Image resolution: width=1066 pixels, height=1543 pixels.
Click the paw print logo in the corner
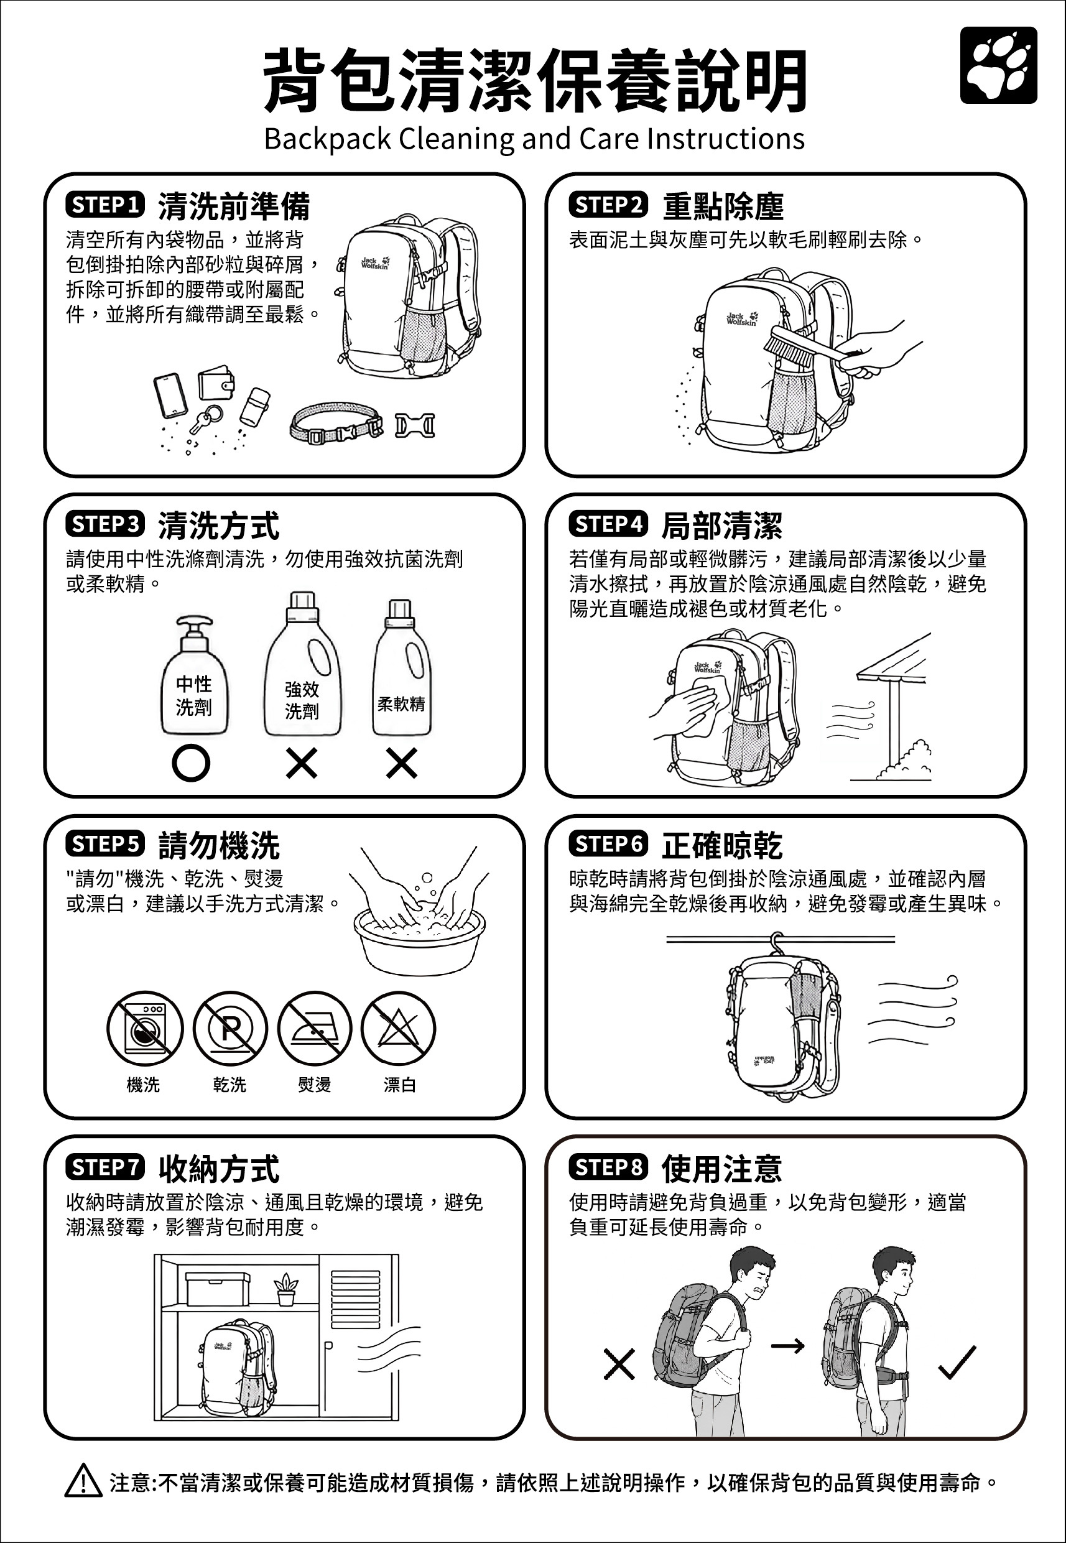(x=999, y=65)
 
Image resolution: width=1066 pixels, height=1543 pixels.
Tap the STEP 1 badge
(x=105, y=205)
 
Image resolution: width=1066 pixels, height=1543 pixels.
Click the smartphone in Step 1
(x=170, y=396)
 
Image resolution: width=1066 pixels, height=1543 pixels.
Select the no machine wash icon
(x=145, y=1028)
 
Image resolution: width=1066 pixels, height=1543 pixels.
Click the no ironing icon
(x=315, y=1028)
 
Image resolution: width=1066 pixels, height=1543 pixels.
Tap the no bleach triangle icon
(x=399, y=1028)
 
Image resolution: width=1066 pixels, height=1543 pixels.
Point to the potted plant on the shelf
(x=286, y=1289)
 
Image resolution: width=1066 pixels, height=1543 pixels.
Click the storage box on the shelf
(x=217, y=1289)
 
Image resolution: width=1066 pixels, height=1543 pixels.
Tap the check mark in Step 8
(x=957, y=1363)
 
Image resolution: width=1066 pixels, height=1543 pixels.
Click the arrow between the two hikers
(x=788, y=1346)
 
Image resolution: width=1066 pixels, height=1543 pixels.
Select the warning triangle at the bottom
(x=83, y=1480)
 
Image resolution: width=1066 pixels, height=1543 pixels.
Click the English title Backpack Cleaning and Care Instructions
(x=534, y=139)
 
